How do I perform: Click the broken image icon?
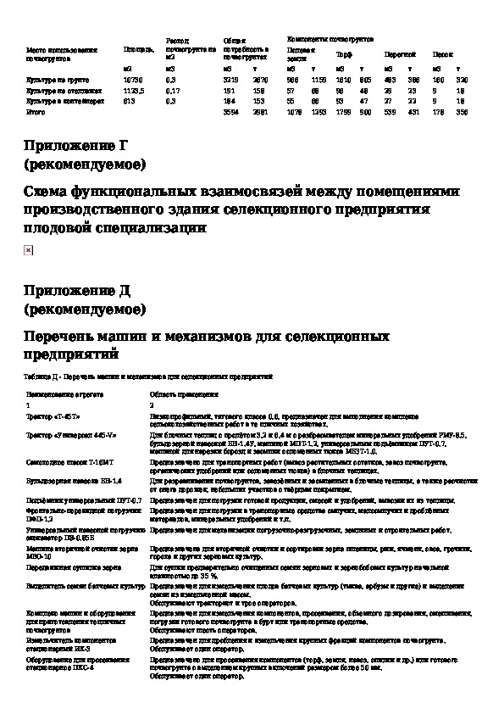(28, 251)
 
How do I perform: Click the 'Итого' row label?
(36, 111)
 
